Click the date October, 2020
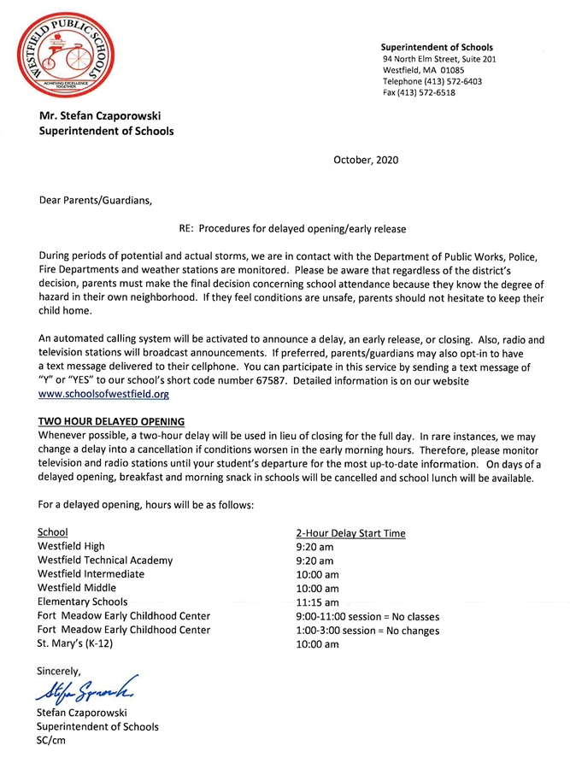[x=365, y=160]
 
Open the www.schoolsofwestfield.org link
[x=104, y=395]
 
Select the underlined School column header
[x=53, y=532]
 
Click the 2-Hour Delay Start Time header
[x=350, y=533]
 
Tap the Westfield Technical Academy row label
[x=105, y=561]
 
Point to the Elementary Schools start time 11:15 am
[x=317, y=602]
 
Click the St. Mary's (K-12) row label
[x=75, y=643]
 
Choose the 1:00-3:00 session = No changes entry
[x=367, y=631]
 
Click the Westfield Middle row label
[x=77, y=588]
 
